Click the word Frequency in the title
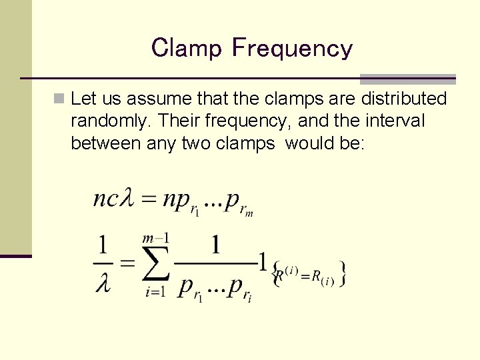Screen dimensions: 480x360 292,48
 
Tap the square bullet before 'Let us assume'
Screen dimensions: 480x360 60,99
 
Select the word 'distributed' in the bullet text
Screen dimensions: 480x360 403,99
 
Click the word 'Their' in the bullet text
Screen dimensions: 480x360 180,122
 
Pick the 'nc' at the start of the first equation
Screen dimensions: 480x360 105,199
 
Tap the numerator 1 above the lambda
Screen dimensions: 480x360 103,246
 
